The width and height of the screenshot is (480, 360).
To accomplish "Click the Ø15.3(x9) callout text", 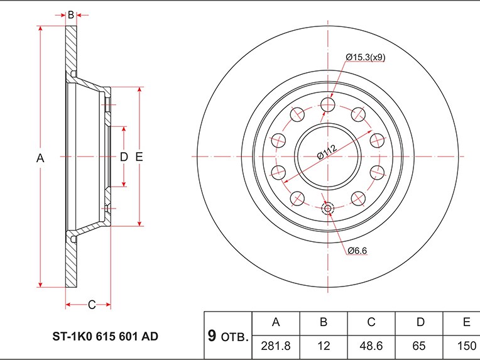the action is (366, 57).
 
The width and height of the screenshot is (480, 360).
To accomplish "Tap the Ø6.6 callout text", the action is (357, 251).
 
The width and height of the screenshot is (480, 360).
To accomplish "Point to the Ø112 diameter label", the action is (327, 152).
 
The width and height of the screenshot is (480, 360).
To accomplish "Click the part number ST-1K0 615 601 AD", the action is (106, 336).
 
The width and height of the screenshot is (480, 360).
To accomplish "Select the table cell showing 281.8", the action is (276, 346).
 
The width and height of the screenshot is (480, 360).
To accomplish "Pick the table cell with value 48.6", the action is (371, 346).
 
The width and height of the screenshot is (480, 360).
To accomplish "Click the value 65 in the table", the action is (419, 346).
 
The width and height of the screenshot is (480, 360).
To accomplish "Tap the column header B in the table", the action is (324, 322).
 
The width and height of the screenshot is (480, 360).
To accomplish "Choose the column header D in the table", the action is (420, 322).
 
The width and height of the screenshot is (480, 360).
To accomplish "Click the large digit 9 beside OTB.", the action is (212, 335).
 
